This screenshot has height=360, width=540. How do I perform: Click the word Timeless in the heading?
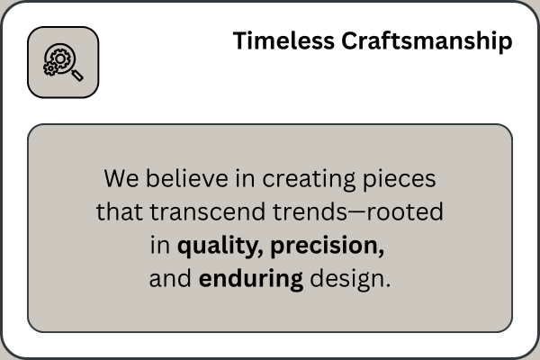tap(283, 40)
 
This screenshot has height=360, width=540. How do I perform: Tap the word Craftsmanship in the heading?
tap(427, 41)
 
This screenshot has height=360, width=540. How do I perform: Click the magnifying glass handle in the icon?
tap(77, 76)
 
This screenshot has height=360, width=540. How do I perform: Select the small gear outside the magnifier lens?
tap(50, 68)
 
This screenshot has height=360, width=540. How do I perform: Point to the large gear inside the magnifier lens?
tap(60, 58)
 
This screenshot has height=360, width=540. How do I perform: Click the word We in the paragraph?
tap(121, 179)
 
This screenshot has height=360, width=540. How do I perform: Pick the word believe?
tap(187, 178)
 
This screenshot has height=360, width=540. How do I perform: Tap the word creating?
tap(309, 179)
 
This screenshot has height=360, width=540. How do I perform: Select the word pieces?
tap(400, 179)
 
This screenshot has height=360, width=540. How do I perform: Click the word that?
tap(119, 211)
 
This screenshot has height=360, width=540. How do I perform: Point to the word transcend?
tap(207, 211)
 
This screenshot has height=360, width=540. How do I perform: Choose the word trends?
tap(310, 211)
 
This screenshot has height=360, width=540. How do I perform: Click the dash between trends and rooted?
tap(356, 212)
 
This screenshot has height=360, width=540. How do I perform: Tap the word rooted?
tap(405, 211)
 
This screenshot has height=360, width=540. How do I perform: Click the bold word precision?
tap(328, 247)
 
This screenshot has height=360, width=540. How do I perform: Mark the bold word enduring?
tap(251, 279)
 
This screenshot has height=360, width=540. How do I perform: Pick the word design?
tap(347, 279)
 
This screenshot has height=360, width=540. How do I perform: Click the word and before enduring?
tap(170, 279)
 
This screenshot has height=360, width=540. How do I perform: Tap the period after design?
tap(389, 285)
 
